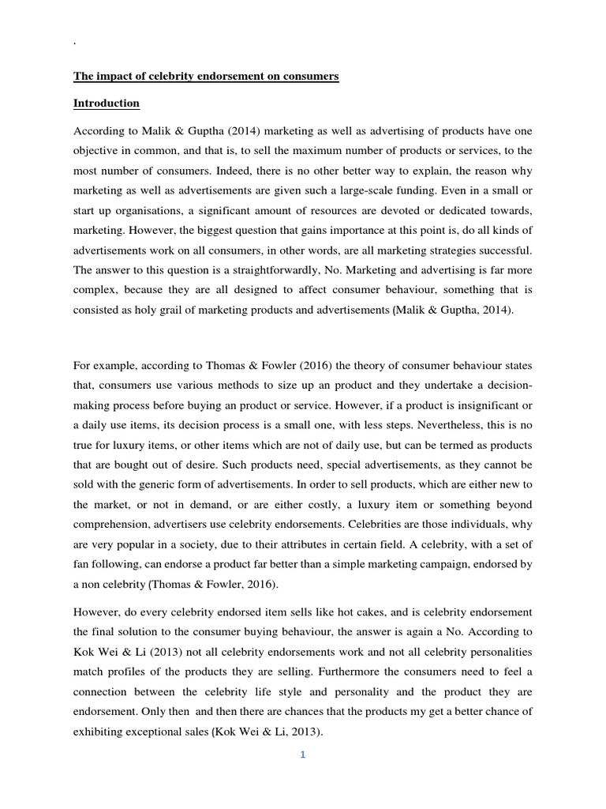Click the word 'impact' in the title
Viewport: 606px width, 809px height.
[x=112, y=77]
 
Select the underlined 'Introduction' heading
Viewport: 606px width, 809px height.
[x=107, y=103]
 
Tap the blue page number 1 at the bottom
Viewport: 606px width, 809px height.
[x=302, y=754]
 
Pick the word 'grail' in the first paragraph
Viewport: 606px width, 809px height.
[x=178, y=310]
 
